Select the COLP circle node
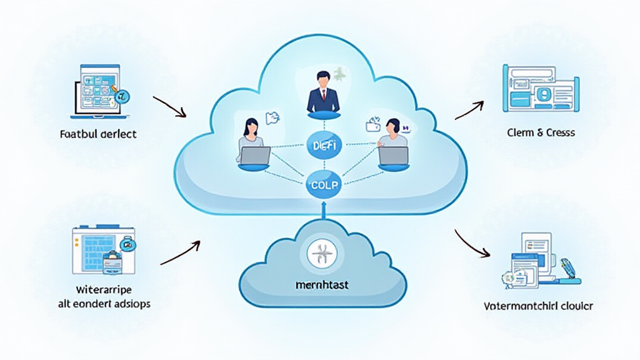coord(323,185)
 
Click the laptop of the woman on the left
coord(255,156)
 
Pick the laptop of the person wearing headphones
coord(393,156)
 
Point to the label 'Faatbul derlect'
coord(98,134)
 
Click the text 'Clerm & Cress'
coord(542,132)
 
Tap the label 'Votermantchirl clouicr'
coord(539,306)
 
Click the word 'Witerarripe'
coord(100,291)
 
